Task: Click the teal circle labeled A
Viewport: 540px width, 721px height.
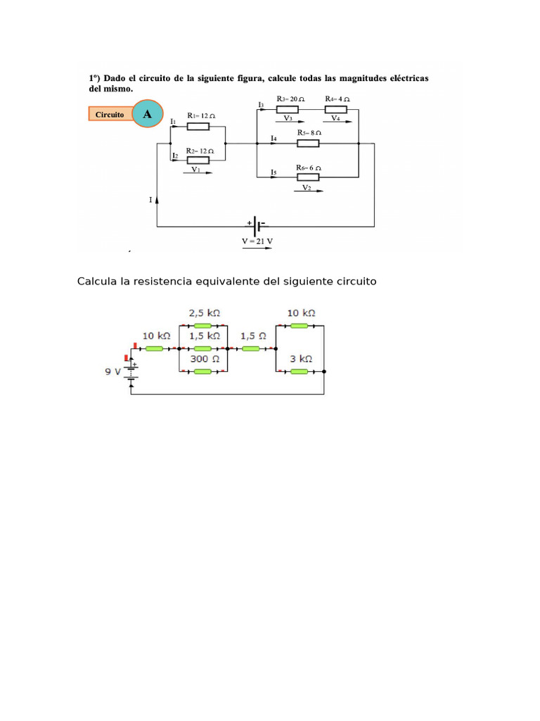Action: (x=146, y=113)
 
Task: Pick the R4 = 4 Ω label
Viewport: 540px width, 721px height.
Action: (x=337, y=99)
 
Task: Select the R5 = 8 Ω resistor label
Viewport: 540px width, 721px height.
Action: (x=309, y=132)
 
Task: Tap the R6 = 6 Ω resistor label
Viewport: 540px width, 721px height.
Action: (x=309, y=168)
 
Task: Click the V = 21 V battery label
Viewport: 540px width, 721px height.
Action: (x=258, y=240)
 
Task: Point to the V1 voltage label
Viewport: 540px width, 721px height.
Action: (x=195, y=169)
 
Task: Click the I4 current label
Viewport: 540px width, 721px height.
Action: (x=274, y=139)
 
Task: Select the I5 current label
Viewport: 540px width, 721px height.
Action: (x=274, y=172)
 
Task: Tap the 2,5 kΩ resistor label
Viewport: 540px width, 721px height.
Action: (x=202, y=312)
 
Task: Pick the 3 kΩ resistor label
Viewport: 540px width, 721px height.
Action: (x=300, y=358)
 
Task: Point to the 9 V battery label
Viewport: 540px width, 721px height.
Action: (x=112, y=370)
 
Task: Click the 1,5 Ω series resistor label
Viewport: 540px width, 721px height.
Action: (x=252, y=336)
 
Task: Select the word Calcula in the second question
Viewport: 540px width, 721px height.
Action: (x=97, y=282)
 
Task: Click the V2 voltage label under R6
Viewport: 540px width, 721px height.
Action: (x=307, y=188)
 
